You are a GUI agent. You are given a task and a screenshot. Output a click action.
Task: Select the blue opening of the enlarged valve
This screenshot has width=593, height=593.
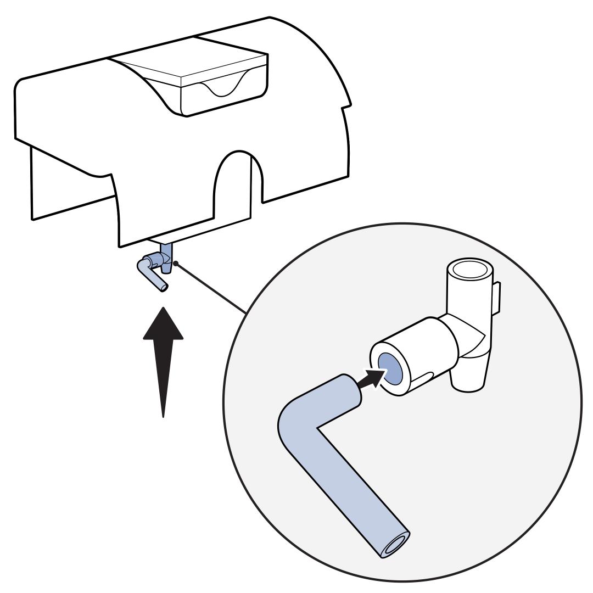coord(390,368)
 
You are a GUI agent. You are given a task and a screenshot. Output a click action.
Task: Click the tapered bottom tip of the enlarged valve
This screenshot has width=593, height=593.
coord(467,386)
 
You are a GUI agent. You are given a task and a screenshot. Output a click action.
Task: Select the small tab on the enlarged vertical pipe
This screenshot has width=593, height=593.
coord(496,299)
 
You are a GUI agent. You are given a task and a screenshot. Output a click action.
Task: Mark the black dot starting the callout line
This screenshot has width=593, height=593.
coord(176,264)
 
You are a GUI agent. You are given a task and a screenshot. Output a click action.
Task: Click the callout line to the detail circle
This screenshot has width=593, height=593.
coord(211,289)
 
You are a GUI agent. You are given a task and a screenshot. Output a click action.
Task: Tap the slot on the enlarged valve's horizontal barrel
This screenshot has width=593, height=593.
coord(422,377)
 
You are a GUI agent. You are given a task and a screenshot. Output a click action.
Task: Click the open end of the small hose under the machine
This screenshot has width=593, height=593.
coord(164,288)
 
